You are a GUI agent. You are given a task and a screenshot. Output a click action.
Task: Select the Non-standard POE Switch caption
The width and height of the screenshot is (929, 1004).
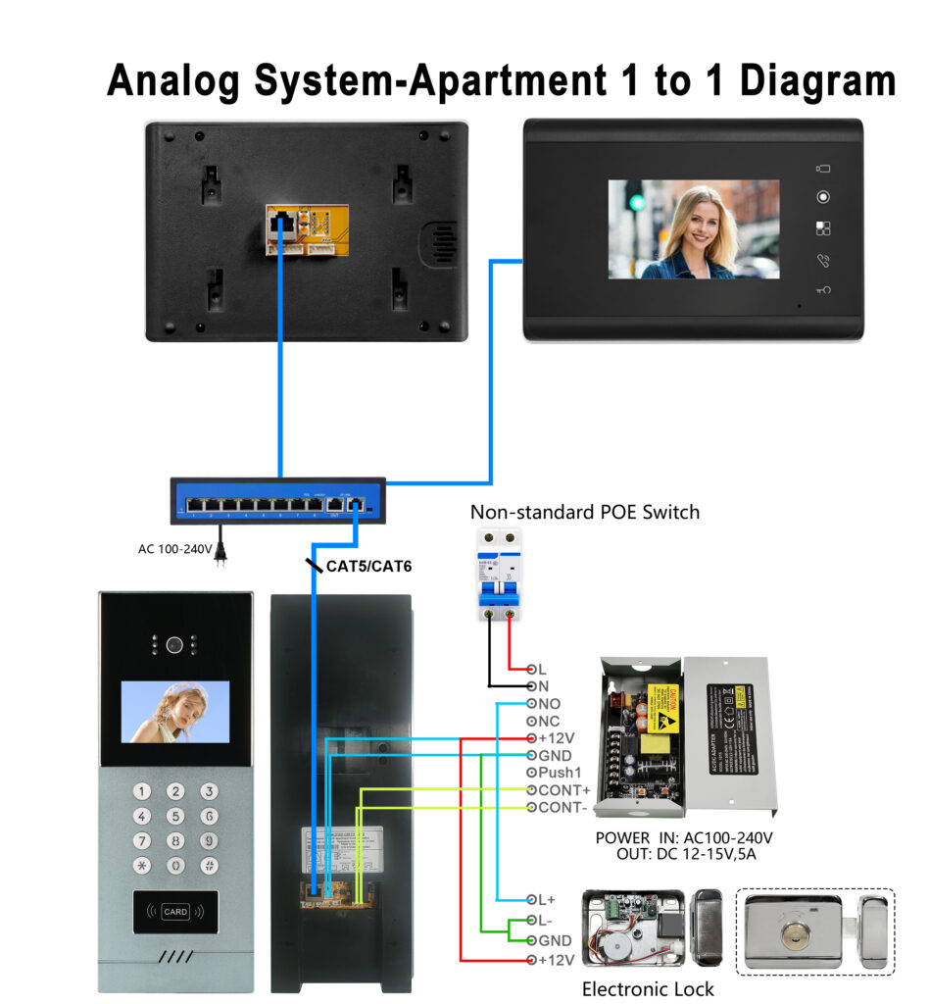point(585,512)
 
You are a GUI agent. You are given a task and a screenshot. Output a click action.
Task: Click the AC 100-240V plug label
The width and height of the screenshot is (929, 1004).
point(174,549)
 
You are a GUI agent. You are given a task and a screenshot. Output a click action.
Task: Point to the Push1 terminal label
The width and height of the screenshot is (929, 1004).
point(561,773)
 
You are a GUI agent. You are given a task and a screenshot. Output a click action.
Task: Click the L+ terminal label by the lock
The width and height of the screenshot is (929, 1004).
point(547,899)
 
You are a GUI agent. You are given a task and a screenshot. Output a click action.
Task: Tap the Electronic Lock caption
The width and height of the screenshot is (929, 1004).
point(648,988)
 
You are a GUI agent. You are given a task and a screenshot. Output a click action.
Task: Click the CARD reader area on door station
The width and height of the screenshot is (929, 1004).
point(175,912)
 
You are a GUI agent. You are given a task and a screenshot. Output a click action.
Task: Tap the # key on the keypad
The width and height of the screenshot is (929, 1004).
point(208,865)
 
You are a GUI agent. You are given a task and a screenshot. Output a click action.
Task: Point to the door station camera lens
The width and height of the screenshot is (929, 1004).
point(175,645)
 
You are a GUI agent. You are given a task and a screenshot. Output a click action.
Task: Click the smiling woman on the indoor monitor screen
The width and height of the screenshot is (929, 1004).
point(698,227)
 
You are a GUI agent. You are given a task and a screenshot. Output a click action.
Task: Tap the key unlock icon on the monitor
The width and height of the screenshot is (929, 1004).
point(823,290)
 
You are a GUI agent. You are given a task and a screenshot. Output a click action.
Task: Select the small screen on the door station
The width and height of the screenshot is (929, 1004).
point(175,711)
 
